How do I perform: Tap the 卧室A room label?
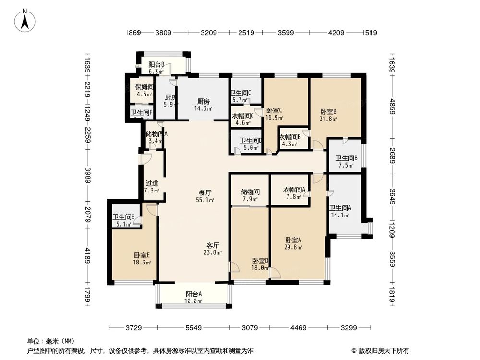point(293,240)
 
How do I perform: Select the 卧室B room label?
point(328,111)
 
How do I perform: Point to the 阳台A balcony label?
point(193,294)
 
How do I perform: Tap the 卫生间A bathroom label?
point(340,208)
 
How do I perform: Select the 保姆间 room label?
point(144,87)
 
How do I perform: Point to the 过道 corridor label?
point(152,183)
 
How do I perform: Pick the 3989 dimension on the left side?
point(87,172)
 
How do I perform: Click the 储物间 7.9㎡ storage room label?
point(250,192)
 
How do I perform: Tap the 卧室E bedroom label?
point(142,255)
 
